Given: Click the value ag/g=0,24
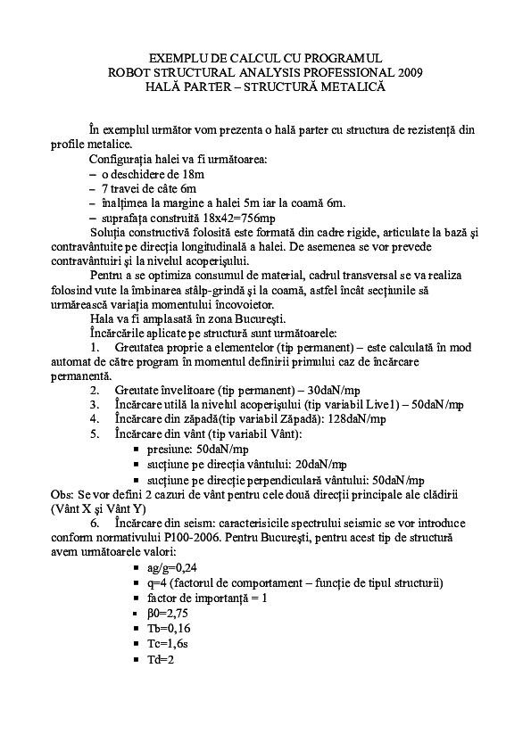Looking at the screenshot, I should pyautogui.click(x=171, y=567).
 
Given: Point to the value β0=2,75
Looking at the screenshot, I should pyautogui.click(x=167, y=613).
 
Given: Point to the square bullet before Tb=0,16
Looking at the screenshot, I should pyautogui.click(x=137, y=629).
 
